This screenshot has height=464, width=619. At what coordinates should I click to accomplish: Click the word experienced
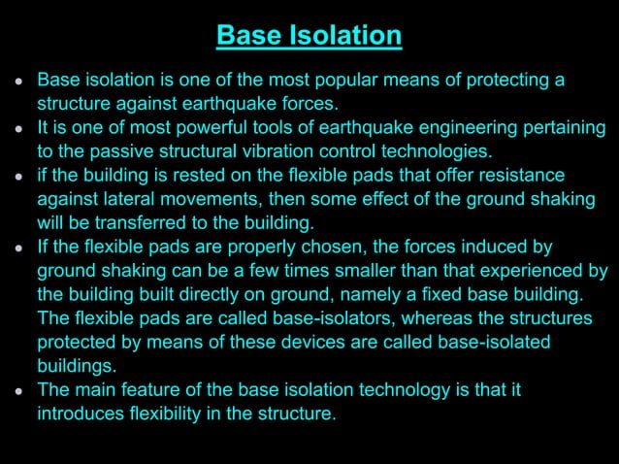[524, 271]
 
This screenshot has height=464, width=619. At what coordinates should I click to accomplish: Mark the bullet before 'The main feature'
[20, 392]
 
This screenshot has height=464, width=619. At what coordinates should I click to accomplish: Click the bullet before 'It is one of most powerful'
[20, 129]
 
